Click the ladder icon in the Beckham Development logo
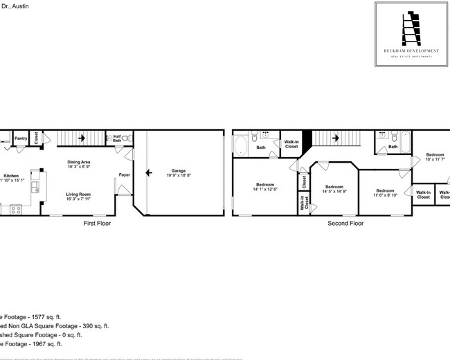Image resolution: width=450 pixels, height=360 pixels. pos(403,27)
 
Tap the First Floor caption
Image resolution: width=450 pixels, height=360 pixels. pos(97,224)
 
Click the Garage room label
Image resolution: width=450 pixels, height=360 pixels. pos(170,170)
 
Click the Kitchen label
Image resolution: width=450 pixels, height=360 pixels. pos(10,176)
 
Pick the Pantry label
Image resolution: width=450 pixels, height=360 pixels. pos(21,138)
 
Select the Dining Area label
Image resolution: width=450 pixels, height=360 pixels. pos(80,161)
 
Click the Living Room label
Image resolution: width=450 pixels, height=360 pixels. pos(78,195)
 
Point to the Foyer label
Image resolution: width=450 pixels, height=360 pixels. pos(124,174)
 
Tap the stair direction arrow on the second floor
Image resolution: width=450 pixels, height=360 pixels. pos(335,138)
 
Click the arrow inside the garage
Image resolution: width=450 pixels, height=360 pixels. pos(147,174)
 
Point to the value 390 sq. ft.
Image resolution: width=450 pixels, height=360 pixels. pos(91,325)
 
